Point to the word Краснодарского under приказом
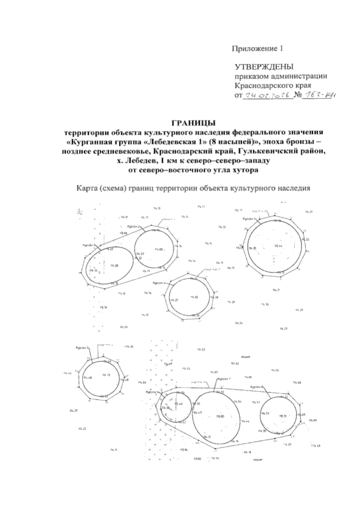click(265, 86)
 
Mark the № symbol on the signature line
click(298, 96)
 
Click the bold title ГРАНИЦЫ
click(193, 123)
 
